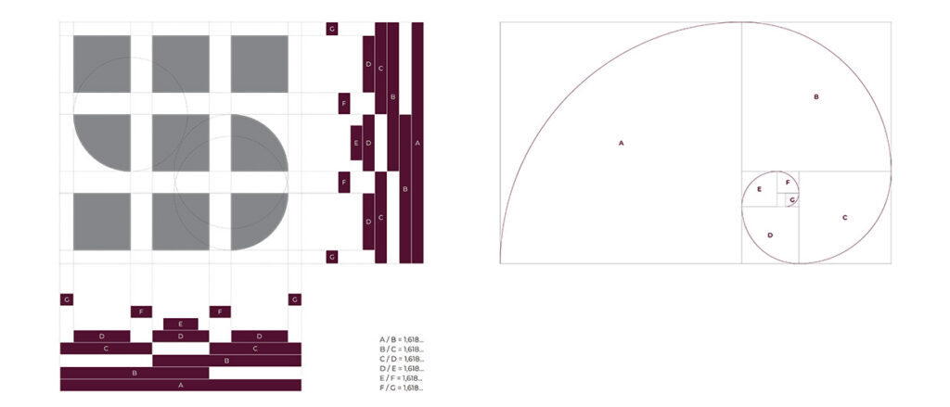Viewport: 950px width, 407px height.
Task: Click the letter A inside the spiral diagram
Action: [621, 144]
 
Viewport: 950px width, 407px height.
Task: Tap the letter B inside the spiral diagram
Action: [816, 97]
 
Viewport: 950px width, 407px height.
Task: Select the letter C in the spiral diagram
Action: [844, 218]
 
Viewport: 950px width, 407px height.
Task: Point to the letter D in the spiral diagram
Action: [770, 235]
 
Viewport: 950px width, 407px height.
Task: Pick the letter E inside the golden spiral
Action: [759, 189]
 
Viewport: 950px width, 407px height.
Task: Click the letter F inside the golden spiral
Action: [788, 183]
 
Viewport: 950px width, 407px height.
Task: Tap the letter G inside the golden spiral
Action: [792, 200]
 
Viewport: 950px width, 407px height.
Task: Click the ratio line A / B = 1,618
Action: [401, 339]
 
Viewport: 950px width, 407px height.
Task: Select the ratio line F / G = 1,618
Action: [401, 388]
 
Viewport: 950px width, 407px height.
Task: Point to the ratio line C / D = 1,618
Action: [401, 359]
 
